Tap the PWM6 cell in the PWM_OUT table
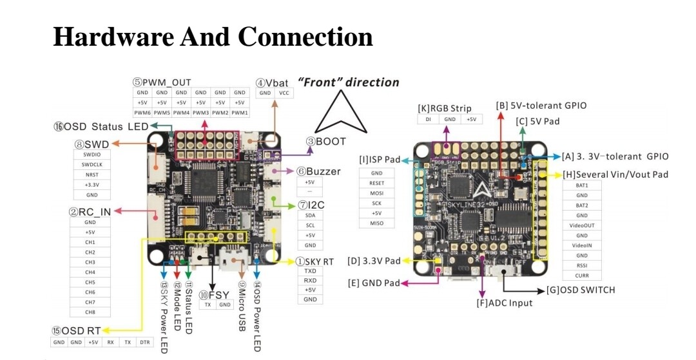pos(142,113)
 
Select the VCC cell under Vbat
pos(284,93)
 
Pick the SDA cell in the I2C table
pos(310,215)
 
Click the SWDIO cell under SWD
pos(92,155)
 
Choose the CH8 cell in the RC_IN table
pos(90,312)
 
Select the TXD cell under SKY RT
pos(310,271)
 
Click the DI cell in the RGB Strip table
pos(428,119)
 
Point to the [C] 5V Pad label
pos(538,121)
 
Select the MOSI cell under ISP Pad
pos(376,193)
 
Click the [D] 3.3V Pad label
pos(374,261)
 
